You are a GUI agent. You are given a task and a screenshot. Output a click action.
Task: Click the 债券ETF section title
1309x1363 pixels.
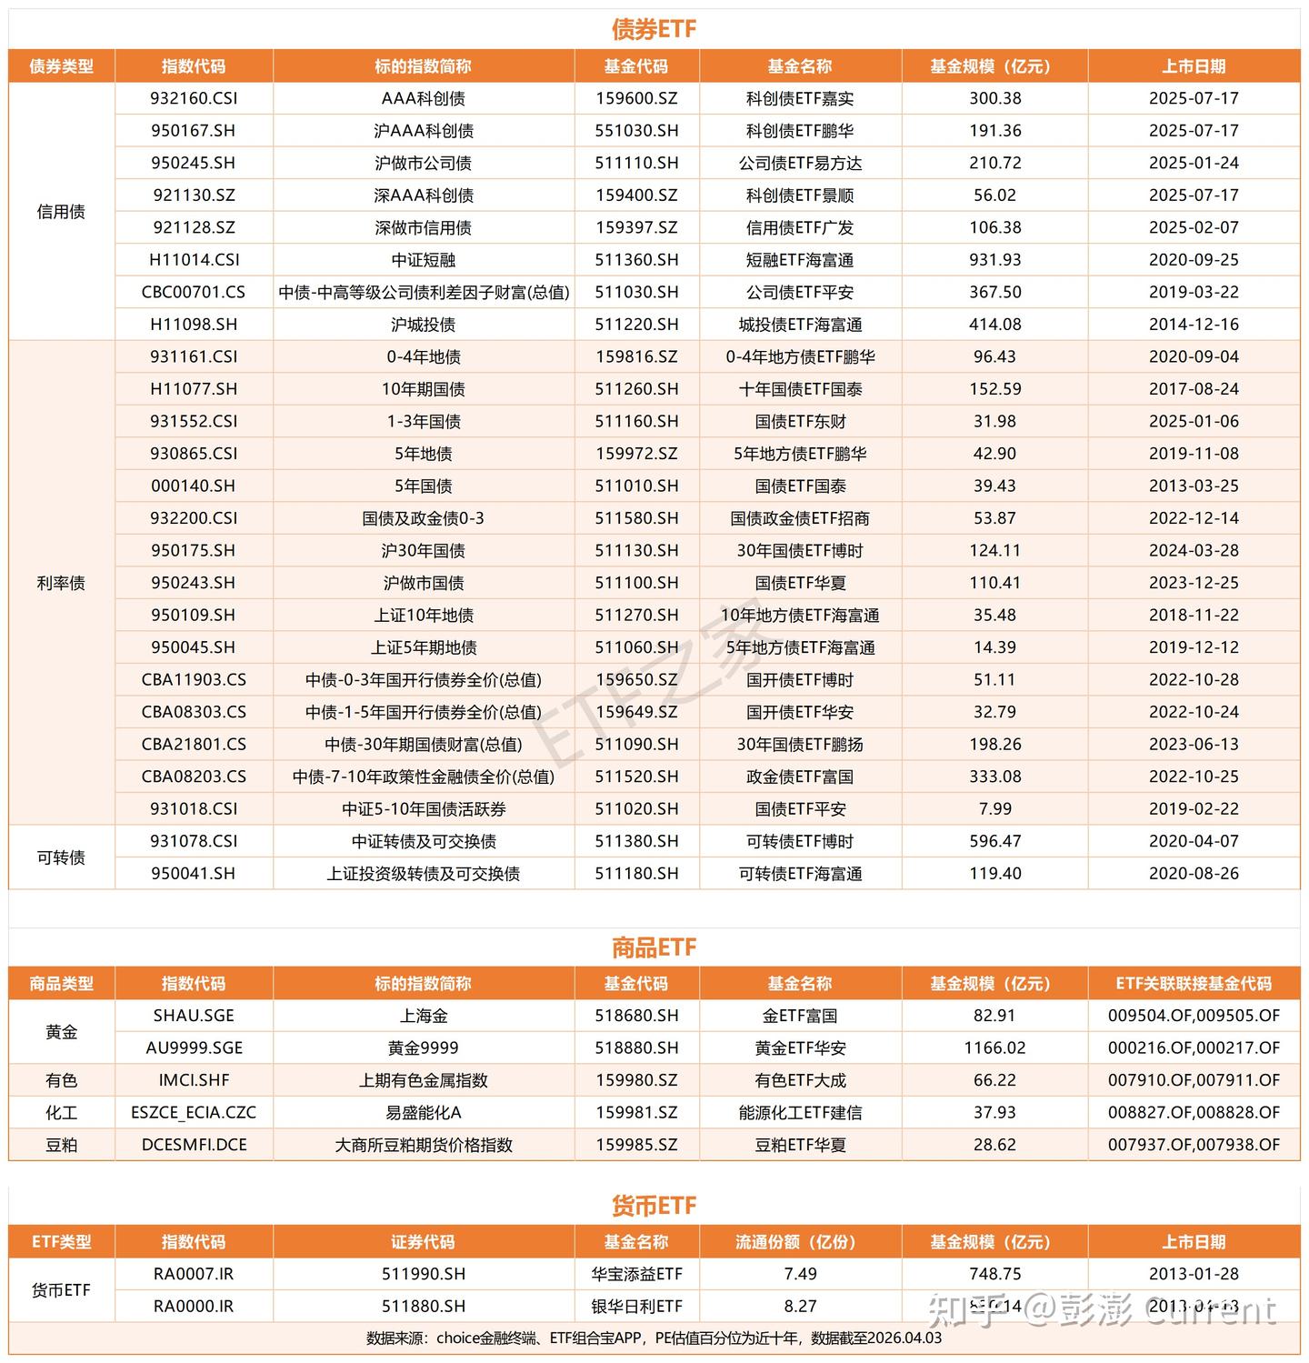[654, 29]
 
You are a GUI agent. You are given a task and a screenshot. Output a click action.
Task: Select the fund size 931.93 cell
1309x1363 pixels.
[994, 260]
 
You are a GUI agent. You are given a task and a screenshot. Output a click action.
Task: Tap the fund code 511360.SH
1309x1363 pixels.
[636, 260]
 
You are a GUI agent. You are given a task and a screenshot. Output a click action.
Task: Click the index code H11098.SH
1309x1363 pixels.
[194, 325]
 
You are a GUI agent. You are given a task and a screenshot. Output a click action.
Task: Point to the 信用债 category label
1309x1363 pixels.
[61, 212]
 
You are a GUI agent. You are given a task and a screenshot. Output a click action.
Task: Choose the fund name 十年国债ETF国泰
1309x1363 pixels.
[800, 389]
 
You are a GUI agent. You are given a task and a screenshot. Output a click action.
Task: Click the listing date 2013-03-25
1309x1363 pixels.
[1194, 486]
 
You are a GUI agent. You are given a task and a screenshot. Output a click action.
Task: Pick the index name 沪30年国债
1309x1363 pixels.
[423, 551]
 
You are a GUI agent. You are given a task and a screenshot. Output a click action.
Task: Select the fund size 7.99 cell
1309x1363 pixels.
[994, 808]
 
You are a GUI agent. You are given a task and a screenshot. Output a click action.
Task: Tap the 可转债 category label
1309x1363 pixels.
[61, 857]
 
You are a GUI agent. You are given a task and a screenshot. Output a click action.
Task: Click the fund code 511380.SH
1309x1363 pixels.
[636, 841]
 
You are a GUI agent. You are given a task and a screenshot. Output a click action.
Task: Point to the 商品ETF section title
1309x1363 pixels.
[654, 947]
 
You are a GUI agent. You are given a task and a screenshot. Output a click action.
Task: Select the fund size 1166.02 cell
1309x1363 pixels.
[994, 1048]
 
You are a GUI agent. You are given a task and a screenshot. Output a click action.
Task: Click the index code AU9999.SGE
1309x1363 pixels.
[194, 1048]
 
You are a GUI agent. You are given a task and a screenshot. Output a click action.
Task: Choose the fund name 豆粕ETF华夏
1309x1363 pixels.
[800, 1145]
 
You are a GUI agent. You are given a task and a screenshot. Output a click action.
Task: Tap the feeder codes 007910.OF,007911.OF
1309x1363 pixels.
[1194, 1080]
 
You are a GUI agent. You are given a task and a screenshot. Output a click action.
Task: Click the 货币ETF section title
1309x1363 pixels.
[654, 1206]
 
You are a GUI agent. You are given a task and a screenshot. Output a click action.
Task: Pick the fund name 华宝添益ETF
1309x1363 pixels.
[636, 1274]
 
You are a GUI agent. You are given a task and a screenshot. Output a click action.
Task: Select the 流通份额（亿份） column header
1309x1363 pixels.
[800, 1242]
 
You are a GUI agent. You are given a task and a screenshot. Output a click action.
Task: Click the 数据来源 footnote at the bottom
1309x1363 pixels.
[654, 1338]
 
